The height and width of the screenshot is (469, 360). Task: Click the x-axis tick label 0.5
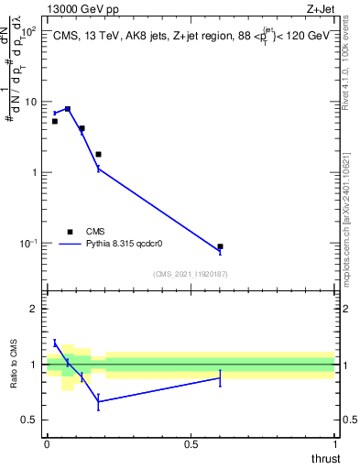coord(191,442)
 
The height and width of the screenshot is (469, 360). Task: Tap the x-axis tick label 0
coord(47,442)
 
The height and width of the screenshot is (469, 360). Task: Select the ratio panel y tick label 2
coord(34,309)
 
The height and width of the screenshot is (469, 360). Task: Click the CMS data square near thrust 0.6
coord(220,246)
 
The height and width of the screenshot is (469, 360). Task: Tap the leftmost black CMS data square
coord(54,121)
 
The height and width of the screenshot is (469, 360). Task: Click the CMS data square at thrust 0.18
coord(98,154)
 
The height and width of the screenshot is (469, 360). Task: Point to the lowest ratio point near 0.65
coord(98,401)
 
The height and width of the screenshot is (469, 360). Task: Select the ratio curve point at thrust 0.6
coord(220,377)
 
